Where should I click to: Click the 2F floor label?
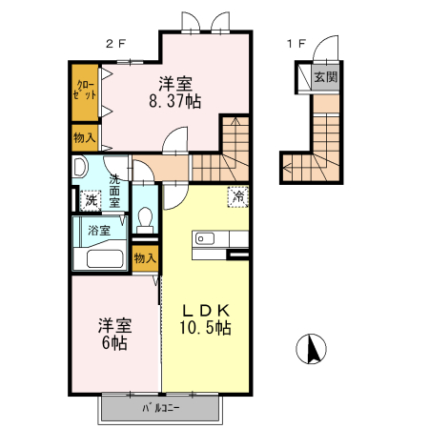(x=115, y=43)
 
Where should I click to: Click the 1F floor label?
(x=296, y=43)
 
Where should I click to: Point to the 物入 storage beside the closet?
(x=84, y=138)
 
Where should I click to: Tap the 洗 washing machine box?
(x=91, y=200)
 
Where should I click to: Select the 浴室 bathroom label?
(x=98, y=230)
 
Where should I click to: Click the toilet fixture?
(x=145, y=220)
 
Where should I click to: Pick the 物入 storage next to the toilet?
(x=145, y=257)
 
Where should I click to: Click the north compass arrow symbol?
(x=310, y=350)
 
